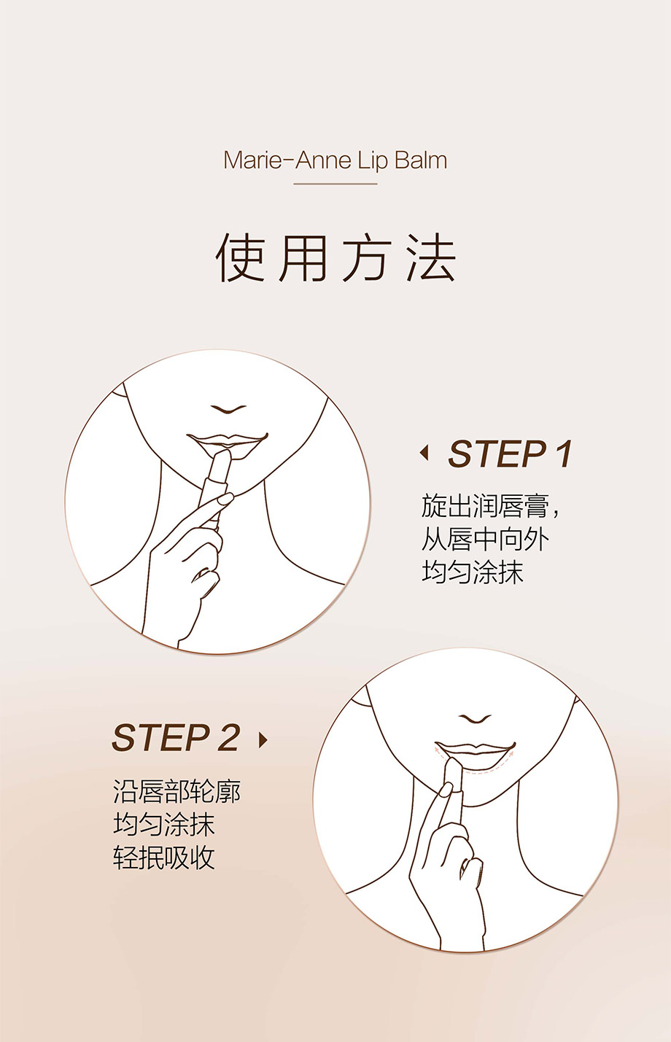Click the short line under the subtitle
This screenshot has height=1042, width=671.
[335, 184]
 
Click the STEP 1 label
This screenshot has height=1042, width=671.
[510, 454]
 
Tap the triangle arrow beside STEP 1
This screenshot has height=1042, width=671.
[424, 453]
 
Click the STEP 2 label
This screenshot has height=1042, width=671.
[176, 737]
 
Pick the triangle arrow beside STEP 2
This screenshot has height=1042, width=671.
[263, 739]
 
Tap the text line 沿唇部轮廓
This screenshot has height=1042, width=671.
[177, 791]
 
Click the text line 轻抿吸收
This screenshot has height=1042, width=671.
[164, 857]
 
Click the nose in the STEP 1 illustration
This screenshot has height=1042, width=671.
[228, 409]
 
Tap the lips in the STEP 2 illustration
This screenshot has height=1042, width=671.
[475, 750]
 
